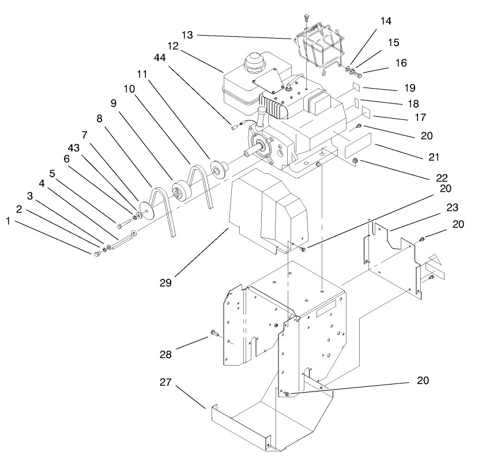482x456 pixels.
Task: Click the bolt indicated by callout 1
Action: pos(96,254)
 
